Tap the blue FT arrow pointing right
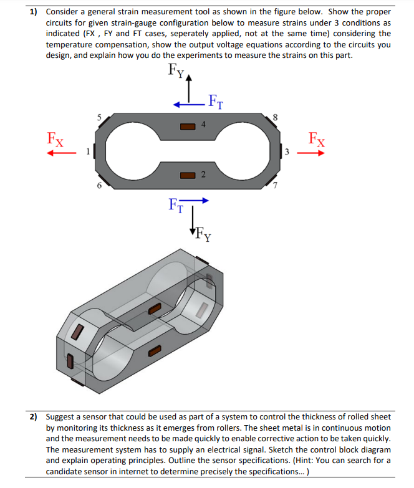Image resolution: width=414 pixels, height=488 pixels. pos(195,201)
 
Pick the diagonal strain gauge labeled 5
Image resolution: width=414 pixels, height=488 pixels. pos(103,122)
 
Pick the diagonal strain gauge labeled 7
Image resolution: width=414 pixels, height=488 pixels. pos(272,179)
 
